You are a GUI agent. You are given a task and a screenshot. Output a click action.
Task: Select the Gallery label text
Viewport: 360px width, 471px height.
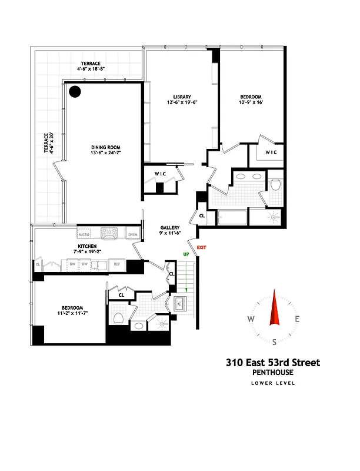point(170,228)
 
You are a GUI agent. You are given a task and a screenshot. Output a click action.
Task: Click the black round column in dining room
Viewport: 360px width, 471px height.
point(75,91)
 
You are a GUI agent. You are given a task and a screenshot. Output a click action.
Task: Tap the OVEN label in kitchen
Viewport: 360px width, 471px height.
point(133,235)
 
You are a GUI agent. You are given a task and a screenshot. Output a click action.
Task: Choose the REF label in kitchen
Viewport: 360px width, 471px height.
point(117,265)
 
